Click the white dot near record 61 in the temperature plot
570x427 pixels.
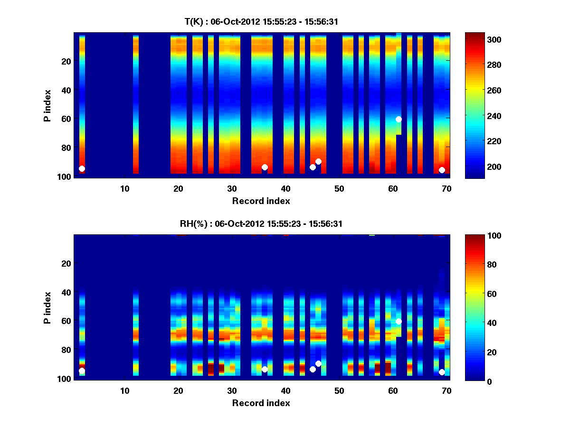click(399, 119)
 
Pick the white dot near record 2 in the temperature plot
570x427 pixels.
click(82, 168)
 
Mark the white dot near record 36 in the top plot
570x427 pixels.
click(265, 167)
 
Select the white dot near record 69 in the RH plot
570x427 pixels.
click(442, 372)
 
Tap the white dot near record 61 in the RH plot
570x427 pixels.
click(399, 321)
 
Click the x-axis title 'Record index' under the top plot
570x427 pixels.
click(261, 201)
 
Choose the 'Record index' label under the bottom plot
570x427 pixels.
click(261, 403)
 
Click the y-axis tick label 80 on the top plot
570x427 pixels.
click(66, 148)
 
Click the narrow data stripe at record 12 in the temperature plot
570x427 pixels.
click(135, 104)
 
